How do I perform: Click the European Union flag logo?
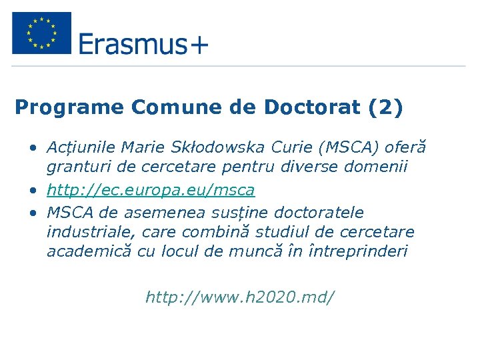tap(41, 33)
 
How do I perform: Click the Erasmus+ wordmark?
tap(143, 44)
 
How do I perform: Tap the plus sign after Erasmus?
tap(198, 45)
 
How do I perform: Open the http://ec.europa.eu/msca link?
tap(151, 190)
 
